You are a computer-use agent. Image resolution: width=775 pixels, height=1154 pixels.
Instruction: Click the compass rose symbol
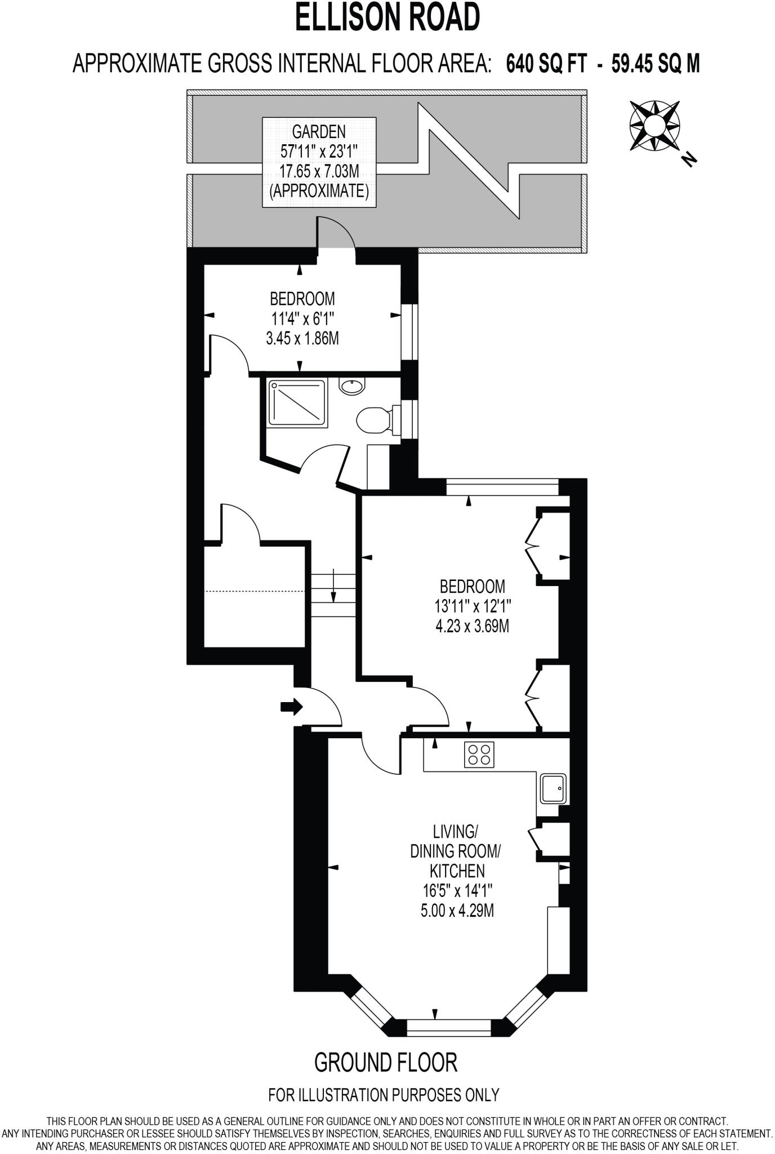coord(654,126)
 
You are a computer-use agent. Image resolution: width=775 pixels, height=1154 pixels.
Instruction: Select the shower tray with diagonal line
coord(297,402)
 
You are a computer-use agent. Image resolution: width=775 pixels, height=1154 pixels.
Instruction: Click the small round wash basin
coord(352,386)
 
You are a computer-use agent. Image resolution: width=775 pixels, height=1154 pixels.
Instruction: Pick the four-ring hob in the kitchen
coord(479,754)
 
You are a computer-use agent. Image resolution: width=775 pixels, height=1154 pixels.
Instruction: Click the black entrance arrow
coord(291,707)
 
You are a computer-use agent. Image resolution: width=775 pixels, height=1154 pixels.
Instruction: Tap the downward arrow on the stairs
coord(333,587)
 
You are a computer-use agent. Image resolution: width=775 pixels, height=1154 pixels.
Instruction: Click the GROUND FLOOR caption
coord(386,1062)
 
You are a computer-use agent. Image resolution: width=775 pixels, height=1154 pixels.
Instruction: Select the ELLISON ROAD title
coord(387,17)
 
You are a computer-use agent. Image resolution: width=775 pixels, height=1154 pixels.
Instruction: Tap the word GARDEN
coord(319,132)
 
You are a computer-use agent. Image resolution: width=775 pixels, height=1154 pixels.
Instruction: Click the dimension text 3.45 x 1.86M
coord(302,338)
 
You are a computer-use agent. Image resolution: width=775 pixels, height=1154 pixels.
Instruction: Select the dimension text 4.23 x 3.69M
coord(472,625)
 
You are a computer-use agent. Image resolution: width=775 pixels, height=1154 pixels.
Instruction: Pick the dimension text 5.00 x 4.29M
coord(457,910)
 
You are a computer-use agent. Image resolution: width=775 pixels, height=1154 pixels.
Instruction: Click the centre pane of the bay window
coord(449,1028)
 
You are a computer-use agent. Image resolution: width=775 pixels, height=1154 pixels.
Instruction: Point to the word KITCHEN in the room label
coord(457,871)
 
